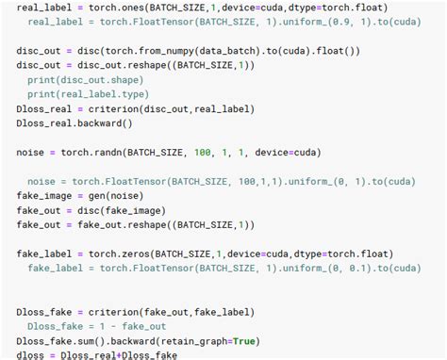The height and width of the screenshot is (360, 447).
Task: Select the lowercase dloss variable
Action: pos(34,355)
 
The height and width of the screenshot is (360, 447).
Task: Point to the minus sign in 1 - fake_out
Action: pos(111,327)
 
